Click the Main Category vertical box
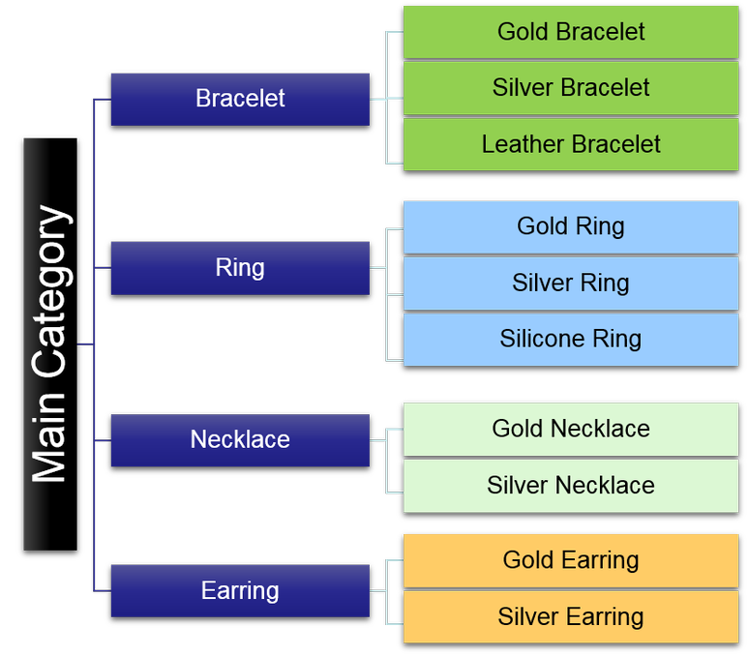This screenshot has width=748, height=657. [36, 343]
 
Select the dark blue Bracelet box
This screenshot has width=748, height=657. [240, 99]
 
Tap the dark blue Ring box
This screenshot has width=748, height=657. [240, 267]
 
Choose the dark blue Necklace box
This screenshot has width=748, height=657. [240, 439]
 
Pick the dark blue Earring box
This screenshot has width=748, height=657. [240, 590]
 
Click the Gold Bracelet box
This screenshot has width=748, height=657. [571, 32]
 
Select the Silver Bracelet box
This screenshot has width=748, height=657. [571, 88]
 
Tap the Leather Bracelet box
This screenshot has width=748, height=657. [571, 144]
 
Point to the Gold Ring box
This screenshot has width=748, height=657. [571, 226]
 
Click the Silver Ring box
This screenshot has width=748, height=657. [571, 283]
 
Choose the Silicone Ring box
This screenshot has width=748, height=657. [571, 339]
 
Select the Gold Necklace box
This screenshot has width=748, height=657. [571, 429]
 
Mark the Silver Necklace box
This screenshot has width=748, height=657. [571, 485]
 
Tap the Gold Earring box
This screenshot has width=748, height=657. [571, 560]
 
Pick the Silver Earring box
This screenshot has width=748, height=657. [571, 616]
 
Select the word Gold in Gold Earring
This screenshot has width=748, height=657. [528, 560]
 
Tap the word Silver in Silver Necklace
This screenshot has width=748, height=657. [518, 485]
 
